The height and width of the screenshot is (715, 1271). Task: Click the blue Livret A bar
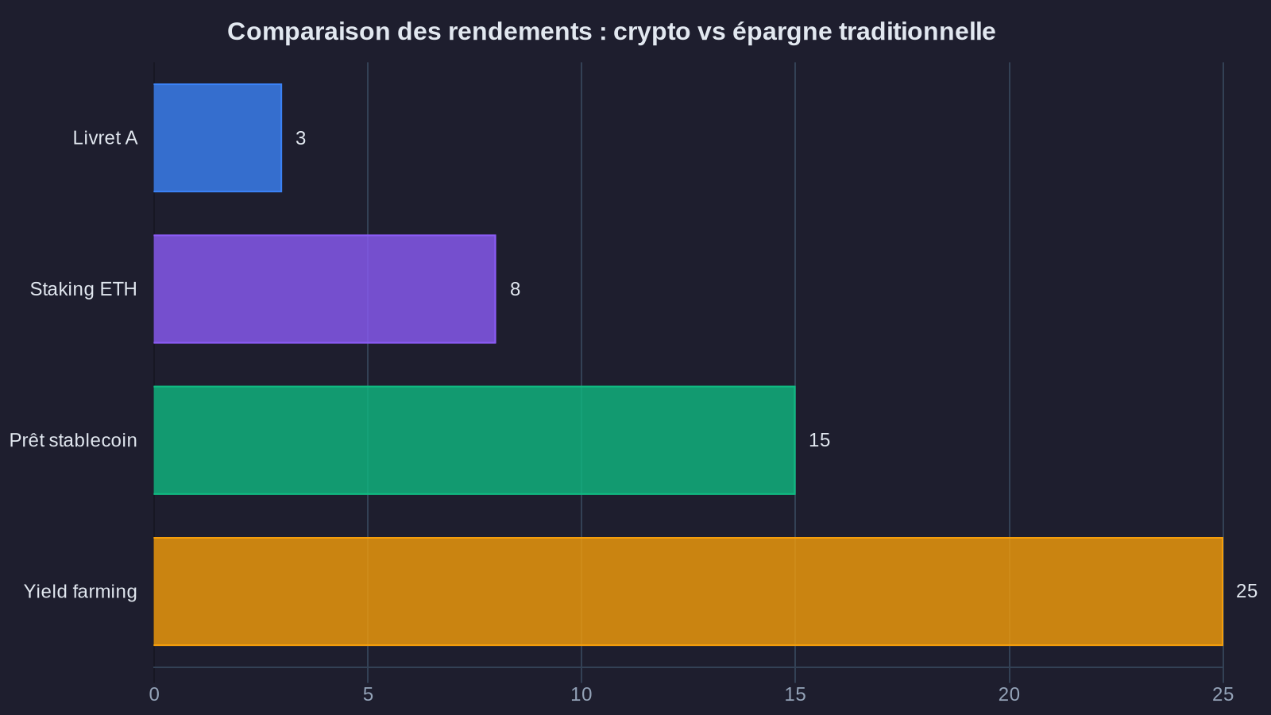click(218, 137)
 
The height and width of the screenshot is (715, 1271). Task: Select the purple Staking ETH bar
click(324, 289)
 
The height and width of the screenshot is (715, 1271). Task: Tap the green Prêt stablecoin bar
click(474, 440)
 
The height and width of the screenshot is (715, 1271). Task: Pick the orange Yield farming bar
click(688, 591)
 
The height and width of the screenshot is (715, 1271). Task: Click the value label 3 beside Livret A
click(300, 138)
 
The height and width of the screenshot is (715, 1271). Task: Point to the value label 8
click(515, 289)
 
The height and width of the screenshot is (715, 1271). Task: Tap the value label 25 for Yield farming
click(1246, 591)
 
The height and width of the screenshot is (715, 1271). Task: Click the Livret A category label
click(105, 138)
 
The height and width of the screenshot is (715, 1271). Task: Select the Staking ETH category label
click(83, 289)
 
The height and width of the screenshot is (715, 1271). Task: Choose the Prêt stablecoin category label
click(73, 440)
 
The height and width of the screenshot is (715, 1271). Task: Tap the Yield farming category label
click(80, 592)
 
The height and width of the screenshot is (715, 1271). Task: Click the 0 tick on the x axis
click(154, 694)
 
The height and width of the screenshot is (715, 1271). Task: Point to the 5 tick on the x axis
click(368, 694)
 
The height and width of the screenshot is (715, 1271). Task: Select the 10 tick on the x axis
click(581, 694)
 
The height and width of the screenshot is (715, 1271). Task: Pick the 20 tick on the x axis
click(1009, 694)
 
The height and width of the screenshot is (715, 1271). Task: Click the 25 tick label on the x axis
click(1223, 694)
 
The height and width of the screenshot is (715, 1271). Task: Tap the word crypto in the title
click(651, 32)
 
